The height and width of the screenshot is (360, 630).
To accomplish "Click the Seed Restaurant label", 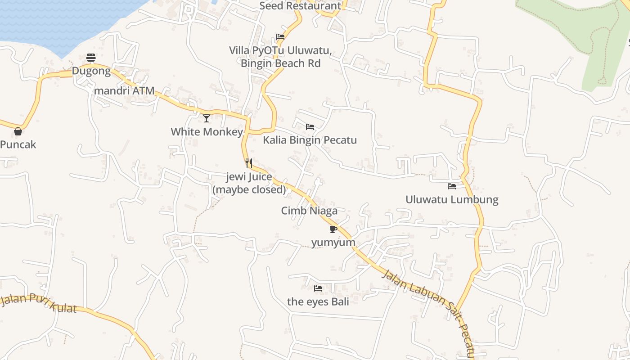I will (x=300, y=6).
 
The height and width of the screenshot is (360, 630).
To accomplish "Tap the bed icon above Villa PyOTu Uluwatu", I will (x=280, y=37).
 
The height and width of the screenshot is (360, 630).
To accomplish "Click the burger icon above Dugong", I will (x=91, y=58).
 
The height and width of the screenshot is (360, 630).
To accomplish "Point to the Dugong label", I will (x=91, y=71).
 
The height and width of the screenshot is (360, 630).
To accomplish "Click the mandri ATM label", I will (x=124, y=91).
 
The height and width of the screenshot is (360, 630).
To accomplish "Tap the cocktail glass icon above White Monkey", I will (x=207, y=118).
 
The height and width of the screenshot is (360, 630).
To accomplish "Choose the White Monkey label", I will (x=207, y=132).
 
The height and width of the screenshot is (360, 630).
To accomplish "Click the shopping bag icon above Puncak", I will (x=18, y=131).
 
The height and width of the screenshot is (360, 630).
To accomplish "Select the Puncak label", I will (x=18, y=144).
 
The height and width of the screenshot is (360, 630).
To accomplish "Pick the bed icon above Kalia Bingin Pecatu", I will (x=310, y=127).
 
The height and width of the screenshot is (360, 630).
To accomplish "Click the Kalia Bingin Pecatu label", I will (x=310, y=140).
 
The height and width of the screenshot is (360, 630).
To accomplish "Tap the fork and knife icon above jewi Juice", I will (x=249, y=163).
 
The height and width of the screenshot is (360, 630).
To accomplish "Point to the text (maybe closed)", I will (x=249, y=189).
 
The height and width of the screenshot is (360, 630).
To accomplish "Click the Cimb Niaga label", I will (x=309, y=211).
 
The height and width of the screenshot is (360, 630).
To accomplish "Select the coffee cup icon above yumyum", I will (x=333, y=229).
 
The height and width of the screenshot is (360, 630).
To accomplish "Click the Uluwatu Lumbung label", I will (x=452, y=199).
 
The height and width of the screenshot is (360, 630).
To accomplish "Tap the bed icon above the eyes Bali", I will (x=318, y=288).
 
